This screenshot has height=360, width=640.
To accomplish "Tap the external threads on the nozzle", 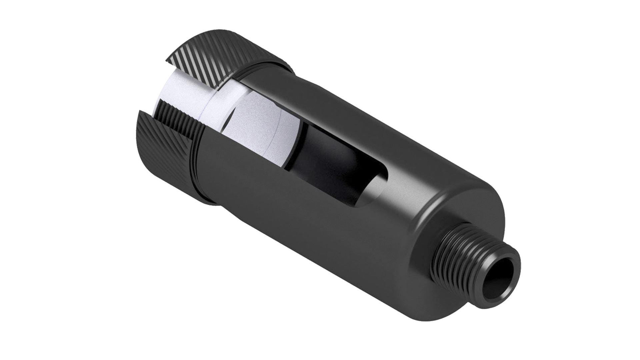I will coord(467,253).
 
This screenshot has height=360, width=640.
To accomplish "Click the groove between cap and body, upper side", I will coord(267,67).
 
